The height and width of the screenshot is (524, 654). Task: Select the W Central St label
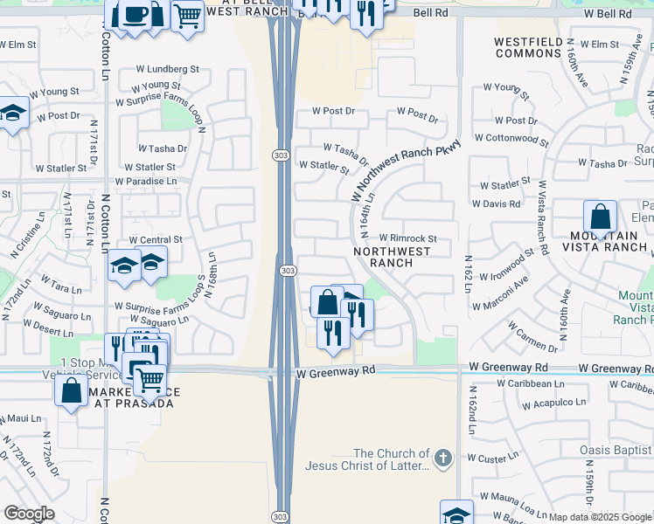pos(156,239)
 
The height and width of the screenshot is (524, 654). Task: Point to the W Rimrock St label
pos(407,238)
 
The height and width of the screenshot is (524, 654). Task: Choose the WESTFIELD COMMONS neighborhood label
pos(527,47)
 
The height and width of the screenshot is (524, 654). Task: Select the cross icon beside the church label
pos(444,458)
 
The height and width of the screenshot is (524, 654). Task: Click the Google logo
pos(30,514)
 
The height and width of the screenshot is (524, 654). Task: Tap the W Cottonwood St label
pos(511,139)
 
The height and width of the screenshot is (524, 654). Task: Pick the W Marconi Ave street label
pos(500,294)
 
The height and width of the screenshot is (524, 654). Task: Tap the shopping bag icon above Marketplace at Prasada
pos(71,390)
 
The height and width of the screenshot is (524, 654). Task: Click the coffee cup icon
pos(136,15)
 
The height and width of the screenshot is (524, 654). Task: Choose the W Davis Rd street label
pos(496,204)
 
